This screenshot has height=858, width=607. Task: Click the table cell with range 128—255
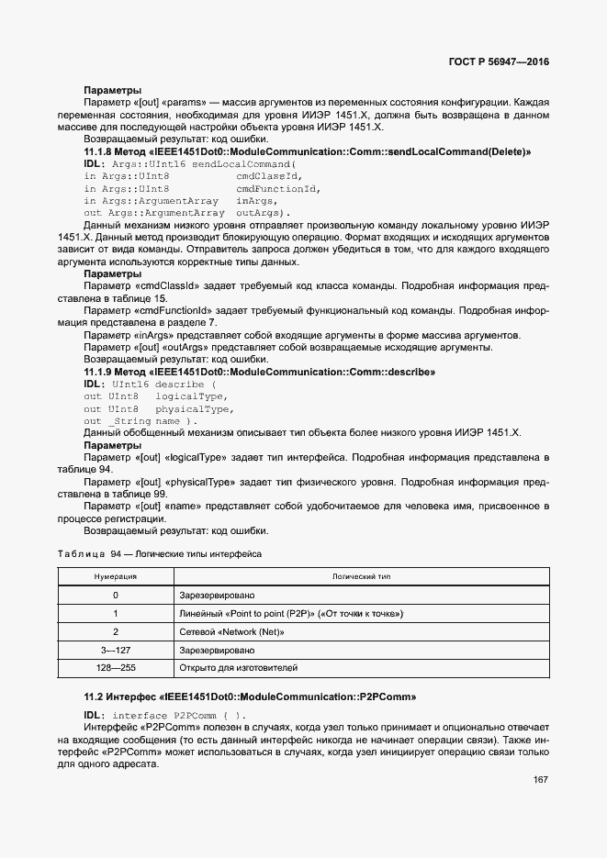click(116, 667)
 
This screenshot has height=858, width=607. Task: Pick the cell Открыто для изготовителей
click(239, 667)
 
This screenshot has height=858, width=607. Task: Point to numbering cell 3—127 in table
click(116, 650)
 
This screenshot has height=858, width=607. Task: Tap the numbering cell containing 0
click(116, 595)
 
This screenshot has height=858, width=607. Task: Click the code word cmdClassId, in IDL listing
click(269, 175)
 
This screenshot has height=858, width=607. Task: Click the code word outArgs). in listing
click(262, 212)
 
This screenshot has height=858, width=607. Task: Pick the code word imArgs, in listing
click(256, 200)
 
